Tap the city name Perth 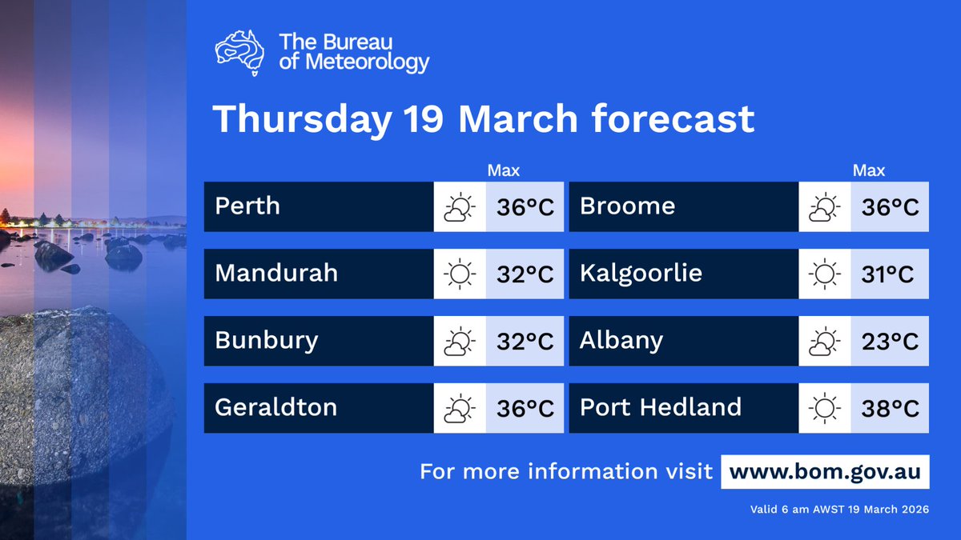(247, 206)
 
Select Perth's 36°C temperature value (525, 207)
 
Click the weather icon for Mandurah (459, 274)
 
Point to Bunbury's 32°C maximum (525, 342)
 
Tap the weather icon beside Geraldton (459, 409)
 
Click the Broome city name (627, 206)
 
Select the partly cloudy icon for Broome (824, 207)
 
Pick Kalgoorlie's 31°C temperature (889, 274)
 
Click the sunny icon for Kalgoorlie (824, 274)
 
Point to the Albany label (621, 341)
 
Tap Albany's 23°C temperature (889, 342)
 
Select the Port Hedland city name (660, 408)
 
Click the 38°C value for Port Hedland (889, 409)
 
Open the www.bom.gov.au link (825, 471)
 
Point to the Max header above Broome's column (869, 170)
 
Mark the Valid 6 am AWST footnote (839, 510)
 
